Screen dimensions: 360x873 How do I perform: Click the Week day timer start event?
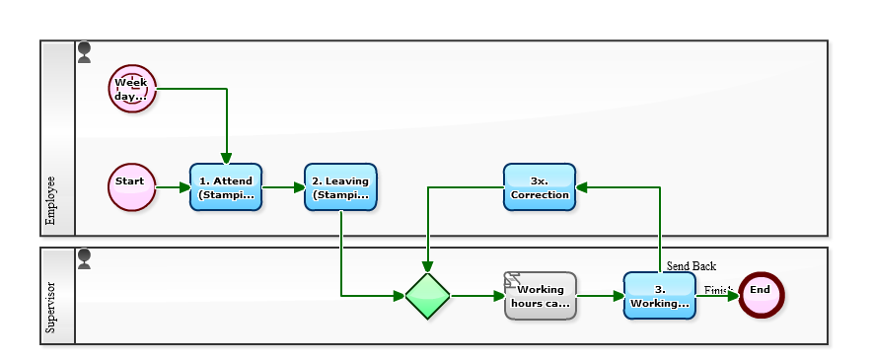point(131,89)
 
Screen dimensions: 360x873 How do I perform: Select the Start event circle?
point(131,187)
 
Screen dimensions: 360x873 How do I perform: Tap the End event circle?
point(760,295)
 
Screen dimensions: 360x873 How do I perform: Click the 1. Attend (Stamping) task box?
point(226,187)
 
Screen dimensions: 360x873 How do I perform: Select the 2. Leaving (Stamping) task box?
point(340,187)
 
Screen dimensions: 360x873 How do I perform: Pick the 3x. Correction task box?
point(539,187)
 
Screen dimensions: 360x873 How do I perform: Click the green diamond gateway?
point(428,296)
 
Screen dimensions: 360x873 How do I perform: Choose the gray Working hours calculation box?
point(541,296)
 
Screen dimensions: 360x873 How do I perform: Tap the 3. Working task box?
point(659,296)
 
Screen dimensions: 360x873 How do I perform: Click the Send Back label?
point(691,266)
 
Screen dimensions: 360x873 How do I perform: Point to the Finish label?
point(717,289)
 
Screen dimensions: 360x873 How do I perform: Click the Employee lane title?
point(51,201)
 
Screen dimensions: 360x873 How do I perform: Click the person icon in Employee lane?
point(84,52)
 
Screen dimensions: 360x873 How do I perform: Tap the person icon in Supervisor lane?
point(84,259)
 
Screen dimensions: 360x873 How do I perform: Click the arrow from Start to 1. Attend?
point(173,187)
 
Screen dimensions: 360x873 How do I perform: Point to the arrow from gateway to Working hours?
point(477,295)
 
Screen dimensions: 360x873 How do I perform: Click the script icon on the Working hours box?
point(513,279)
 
